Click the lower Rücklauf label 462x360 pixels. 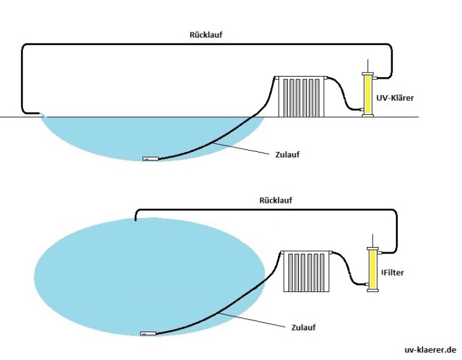(276, 199)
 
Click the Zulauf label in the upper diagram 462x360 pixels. (286, 155)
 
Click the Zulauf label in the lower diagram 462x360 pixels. (303, 326)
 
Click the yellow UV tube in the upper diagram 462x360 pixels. (367, 94)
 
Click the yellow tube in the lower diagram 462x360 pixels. (374, 270)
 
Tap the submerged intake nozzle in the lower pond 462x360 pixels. (148, 334)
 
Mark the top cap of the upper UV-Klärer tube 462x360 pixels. (367, 74)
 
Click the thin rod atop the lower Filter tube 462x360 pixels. (374, 240)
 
